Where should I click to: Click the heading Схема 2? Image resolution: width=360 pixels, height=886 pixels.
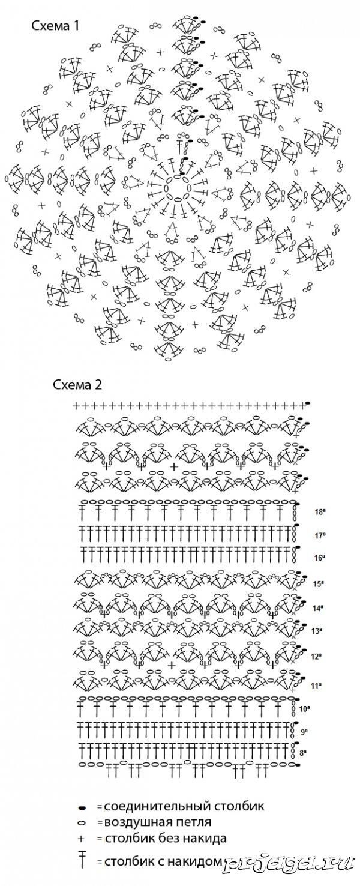[x=77, y=385]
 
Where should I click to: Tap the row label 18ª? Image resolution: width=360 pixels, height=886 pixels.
[x=320, y=512]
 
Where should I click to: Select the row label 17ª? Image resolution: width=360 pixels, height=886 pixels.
[x=320, y=536]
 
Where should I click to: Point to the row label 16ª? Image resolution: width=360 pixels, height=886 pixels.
[x=320, y=558]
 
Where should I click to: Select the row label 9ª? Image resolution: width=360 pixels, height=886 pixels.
[x=304, y=732]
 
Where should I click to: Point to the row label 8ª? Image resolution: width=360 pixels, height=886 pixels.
[x=304, y=752]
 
